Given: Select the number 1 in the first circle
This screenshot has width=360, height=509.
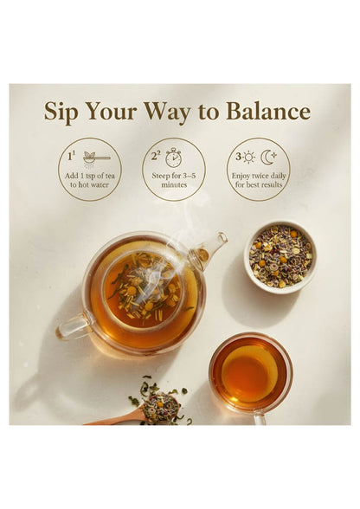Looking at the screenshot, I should coord(70,157).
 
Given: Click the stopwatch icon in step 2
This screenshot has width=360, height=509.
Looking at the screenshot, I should coord(174,157).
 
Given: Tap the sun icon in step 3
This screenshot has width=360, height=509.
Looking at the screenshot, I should coord(248,158).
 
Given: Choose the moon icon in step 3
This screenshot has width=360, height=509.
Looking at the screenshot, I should coord(268,157).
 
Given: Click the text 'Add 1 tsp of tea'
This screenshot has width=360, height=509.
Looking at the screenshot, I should coord(89,177).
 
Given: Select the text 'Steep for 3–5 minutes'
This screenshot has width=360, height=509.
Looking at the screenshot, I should coord(174,181).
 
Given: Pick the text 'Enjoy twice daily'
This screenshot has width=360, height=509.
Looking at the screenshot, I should coord(258,177).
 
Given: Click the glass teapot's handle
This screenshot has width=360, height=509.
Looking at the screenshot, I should coord(73,327).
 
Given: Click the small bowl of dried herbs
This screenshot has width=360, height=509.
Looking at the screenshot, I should coord(281,256).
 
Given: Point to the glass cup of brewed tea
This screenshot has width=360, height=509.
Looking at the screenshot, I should coord(249,373).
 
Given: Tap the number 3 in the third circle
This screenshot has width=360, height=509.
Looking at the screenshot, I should coord(236,157).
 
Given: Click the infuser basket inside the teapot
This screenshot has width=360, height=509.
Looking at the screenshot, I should coord(143,290).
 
